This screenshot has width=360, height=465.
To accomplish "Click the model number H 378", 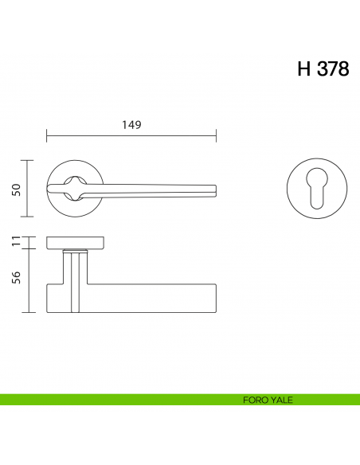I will click(323, 68).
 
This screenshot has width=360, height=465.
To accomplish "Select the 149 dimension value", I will click(131, 124).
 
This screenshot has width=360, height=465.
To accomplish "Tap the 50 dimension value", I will click(15, 189).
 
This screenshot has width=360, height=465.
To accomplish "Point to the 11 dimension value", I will click(15, 241).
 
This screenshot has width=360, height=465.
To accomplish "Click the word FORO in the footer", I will click(256, 400).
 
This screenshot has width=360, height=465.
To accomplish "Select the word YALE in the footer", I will click(282, 400).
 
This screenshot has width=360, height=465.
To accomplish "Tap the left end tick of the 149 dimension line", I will click(47, 135).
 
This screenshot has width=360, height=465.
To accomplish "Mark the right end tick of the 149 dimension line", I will click(216, 135).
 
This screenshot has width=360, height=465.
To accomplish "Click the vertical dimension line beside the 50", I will click(29, 188).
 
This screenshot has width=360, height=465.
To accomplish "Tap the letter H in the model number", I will click(303, 68).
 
